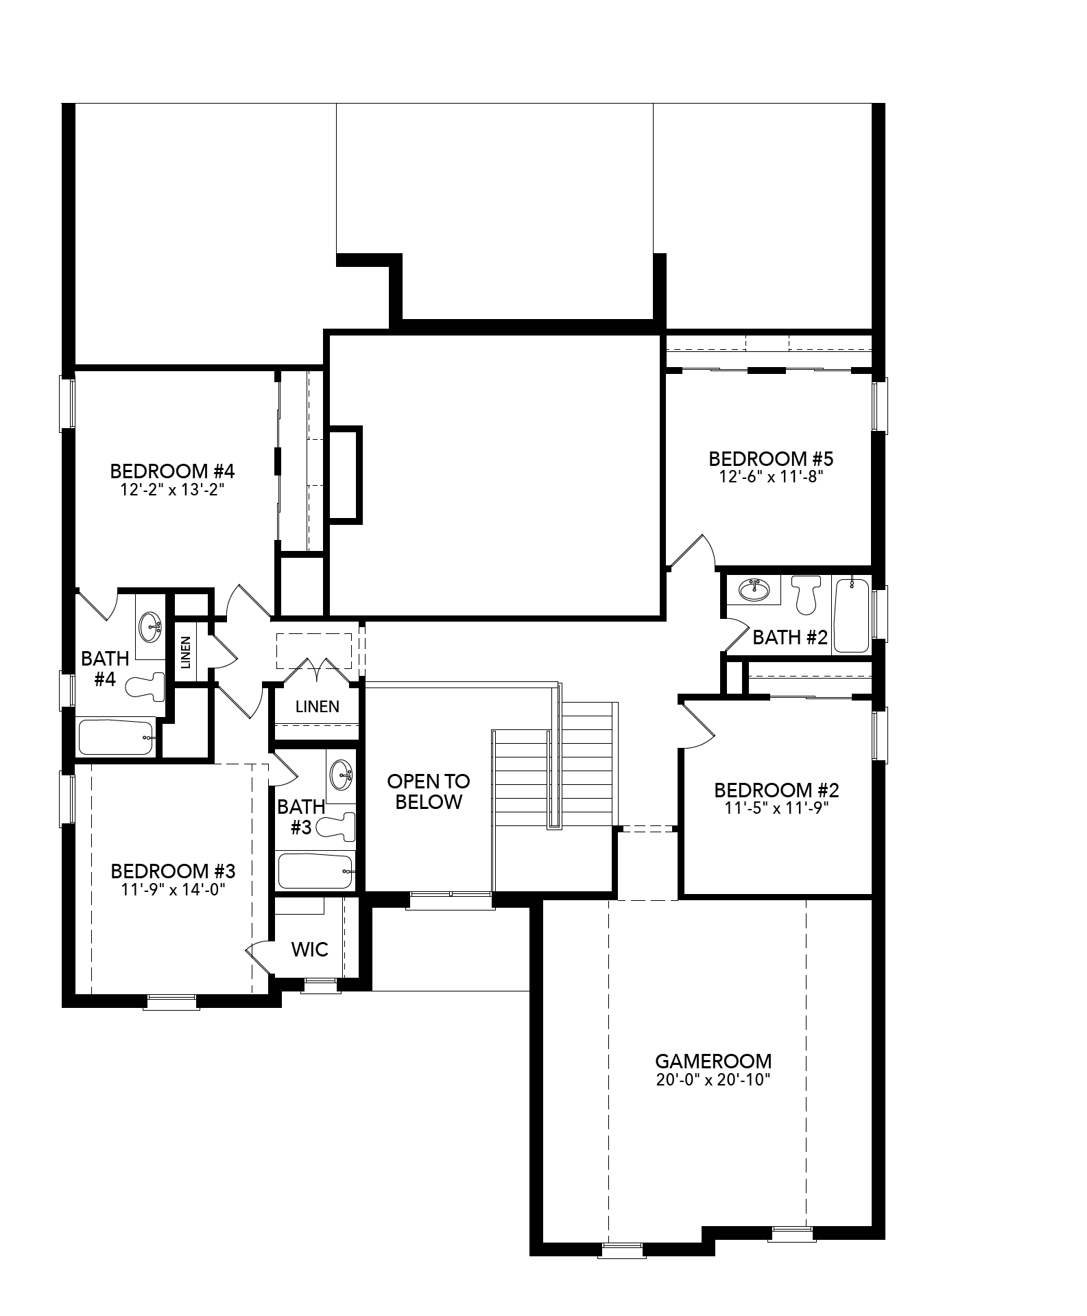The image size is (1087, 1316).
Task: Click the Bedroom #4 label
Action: pyautogui.click(x=172, y=471)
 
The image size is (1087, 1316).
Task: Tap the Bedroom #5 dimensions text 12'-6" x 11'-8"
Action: pyautogui.click(x=771, y=477)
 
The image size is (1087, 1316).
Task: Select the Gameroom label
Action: pyautogui.click(x=713, y=1061)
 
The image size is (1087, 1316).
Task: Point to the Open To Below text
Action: pyautogui.click(x=429, y=791)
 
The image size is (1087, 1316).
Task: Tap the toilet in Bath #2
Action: pyautogui.click(x=806, y=594)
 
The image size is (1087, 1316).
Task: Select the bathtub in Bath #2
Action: pyautogui.click(x=852, y=615)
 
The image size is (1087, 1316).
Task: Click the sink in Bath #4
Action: pyautogui.click(x=150, y=626)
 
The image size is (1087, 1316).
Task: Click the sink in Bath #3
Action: pyautogui.click(x=341, y=775)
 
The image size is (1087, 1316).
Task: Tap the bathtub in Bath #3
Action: pyautogui.click(x=315, y=871)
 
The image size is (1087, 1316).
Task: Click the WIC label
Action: pyautogui.click(x=310, y=950)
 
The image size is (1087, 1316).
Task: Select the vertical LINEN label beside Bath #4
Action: pyautogui.click(x=186, y=653)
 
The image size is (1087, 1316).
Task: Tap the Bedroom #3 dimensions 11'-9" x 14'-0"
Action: pyautogui.click(x=174, y=890)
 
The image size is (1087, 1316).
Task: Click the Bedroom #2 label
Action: pyautogui.click(x=776, y=790)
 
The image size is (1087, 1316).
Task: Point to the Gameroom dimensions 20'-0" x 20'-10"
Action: pyautogui.click(x=713, y=1080)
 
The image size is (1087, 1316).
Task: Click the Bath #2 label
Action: pyautogui.click(x=790, y=637)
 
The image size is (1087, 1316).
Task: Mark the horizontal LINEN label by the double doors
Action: pyautogui.click(x=318, y=706)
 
